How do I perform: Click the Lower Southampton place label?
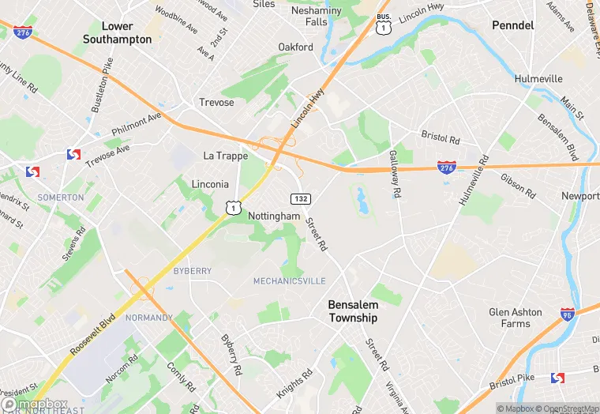(116, 32)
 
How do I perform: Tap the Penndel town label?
(513, 25)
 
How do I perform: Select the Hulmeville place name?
(538, 79)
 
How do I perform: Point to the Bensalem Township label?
(353, 311)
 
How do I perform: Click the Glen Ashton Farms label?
(516, 318)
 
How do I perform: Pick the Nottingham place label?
(274, 216)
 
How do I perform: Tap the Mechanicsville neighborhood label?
(289, 281)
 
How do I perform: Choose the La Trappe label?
(226, 156)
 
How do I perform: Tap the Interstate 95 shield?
(568, 314)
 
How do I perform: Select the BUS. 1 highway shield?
(384, 24)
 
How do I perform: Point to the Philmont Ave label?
(136, 125)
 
